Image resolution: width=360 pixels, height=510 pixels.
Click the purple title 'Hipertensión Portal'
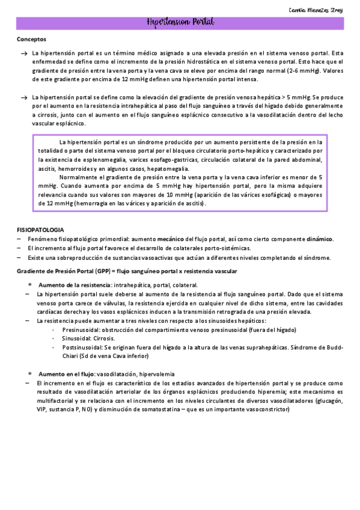click(x=180, y=23)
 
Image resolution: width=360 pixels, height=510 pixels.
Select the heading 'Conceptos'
click(x=31, y=40)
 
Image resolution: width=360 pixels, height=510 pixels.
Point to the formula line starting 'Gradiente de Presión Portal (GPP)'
click(x=126, y=272)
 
